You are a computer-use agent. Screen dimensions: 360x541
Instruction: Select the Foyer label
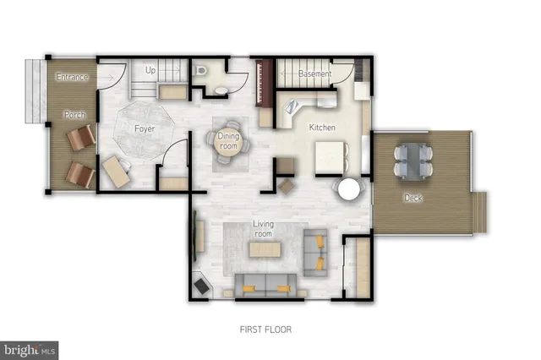[144, 128]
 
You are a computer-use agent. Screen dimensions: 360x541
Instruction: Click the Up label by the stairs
[151, 69]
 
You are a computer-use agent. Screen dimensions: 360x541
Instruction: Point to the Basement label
[314, 74]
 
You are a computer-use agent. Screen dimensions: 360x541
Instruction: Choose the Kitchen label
[322, 128]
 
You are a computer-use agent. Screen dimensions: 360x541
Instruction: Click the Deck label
[413, 198]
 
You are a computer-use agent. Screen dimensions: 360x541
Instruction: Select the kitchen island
[331, 156]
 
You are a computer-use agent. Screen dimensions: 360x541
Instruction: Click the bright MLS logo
[30, 348]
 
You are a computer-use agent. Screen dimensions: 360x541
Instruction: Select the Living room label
[264, 227]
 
